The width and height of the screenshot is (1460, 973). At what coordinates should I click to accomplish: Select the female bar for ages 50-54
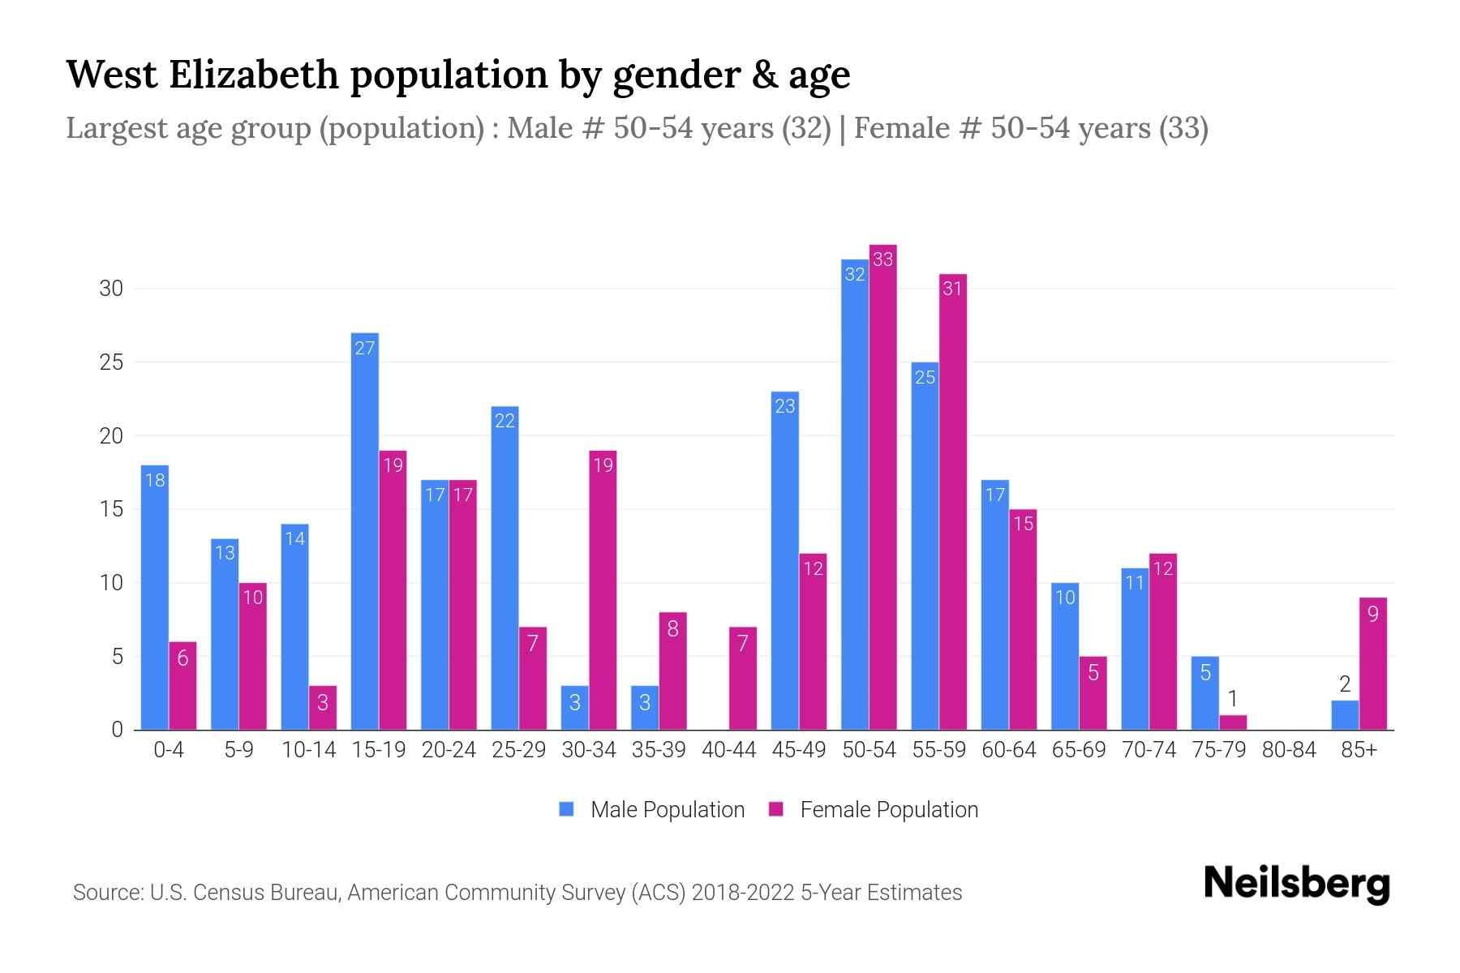click(x=882, y=486)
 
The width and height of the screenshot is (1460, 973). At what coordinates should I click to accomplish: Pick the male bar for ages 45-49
click(x=784, y=560)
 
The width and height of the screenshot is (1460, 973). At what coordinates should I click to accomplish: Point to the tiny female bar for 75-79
click(x=1233, y=722)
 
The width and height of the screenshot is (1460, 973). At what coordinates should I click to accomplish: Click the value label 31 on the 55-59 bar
click(x=952, y=289)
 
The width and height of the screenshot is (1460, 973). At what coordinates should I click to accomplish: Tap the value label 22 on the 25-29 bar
click(x=505, y=421)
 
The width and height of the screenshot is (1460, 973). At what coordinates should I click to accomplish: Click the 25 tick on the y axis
click(x=111, y=362)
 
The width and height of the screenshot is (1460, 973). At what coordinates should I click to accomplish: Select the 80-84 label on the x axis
click(x=1289, y=750)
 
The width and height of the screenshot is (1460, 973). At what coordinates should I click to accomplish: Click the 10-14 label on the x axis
click(x=308, y=750)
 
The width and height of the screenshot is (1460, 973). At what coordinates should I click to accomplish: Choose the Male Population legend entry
click(x=667, y=809)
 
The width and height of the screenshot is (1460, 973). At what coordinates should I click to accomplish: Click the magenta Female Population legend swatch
click(x=777, y=809)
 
